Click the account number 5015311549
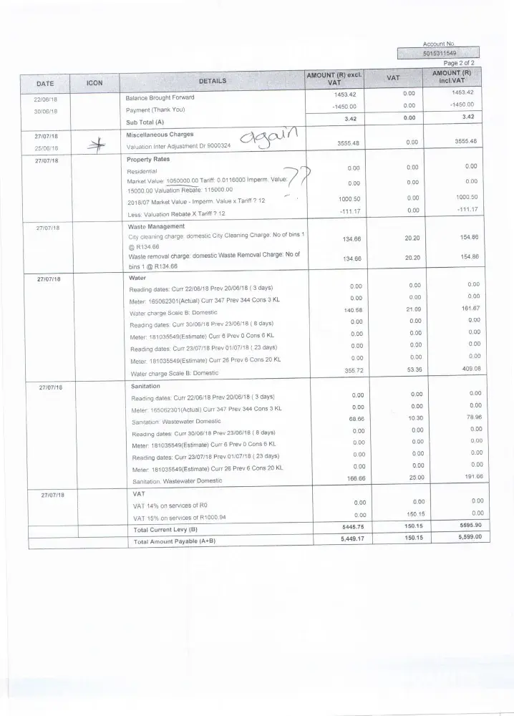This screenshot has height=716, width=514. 440,53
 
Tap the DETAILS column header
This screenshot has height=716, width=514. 212,81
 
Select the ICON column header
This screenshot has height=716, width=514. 94,83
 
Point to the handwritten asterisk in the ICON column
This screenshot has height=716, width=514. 94,147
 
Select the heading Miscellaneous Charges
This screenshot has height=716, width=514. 159,134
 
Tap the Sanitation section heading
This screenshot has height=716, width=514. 146,385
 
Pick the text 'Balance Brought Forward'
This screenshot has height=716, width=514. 160,97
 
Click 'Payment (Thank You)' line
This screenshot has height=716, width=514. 155,110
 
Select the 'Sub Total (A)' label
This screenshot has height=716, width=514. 146,122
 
